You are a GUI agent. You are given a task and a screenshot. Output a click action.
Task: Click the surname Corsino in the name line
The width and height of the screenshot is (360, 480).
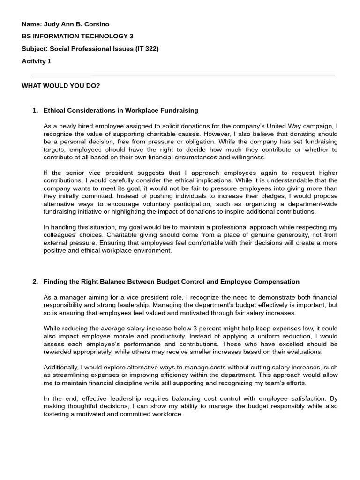coord(97,24)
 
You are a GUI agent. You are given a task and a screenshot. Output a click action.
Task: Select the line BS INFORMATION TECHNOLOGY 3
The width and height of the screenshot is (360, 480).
coord(75,36)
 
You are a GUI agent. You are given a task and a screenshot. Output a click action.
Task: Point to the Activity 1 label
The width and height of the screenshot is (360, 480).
coord(37,61)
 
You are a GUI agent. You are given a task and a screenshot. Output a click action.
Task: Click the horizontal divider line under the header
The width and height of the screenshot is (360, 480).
coord(183,75)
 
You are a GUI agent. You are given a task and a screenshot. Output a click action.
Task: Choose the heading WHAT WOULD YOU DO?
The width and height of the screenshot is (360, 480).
coord(61,86)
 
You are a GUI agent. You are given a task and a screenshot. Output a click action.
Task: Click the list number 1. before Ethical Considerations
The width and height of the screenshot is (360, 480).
coord(35,110)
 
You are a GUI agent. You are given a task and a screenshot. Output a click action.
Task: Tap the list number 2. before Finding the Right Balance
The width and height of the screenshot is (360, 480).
coord(35,282)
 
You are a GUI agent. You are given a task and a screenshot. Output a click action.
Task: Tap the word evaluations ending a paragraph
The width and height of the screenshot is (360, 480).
coord(305,352)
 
